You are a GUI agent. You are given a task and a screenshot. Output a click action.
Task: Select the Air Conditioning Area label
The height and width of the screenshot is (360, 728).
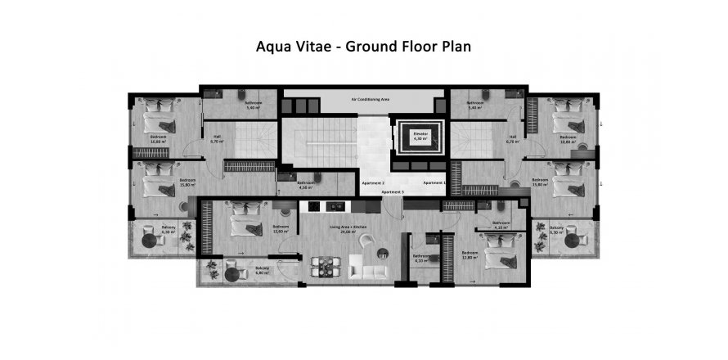click(x=370, y=98)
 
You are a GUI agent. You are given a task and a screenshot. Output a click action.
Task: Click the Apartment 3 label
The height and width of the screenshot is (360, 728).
click(x=391, y=191)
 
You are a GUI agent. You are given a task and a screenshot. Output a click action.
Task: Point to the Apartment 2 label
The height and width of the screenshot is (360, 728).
click(x=372, y=182)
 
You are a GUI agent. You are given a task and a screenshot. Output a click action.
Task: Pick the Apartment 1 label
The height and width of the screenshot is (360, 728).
click(x=434, y=182)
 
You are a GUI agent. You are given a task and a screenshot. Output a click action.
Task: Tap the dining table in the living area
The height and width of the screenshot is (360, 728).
click(x=324, y=265)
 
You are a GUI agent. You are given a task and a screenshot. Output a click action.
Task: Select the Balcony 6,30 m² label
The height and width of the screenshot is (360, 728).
click(x=169, y=229)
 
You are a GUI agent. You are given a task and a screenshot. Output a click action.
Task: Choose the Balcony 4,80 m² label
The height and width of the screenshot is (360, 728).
click(x=263, y=271)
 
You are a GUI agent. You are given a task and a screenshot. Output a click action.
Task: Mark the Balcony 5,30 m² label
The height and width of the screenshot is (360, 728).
click(x=556, y=229)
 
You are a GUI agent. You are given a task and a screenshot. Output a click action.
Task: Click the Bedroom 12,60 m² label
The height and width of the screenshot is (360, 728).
click(x=281, y=229)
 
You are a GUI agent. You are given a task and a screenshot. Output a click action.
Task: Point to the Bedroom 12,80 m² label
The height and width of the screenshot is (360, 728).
click(x=470, y=255)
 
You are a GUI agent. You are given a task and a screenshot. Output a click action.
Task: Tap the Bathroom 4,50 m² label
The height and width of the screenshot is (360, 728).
click(x=305, y=185)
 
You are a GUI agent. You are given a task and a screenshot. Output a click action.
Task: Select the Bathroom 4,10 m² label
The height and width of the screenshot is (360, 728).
click(x=421, y=259)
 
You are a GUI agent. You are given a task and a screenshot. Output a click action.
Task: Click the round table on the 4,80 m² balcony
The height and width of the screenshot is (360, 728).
click(x=231, y=273)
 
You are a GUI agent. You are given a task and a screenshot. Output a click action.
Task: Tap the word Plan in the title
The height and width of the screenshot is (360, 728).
click(x=454, y=47)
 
